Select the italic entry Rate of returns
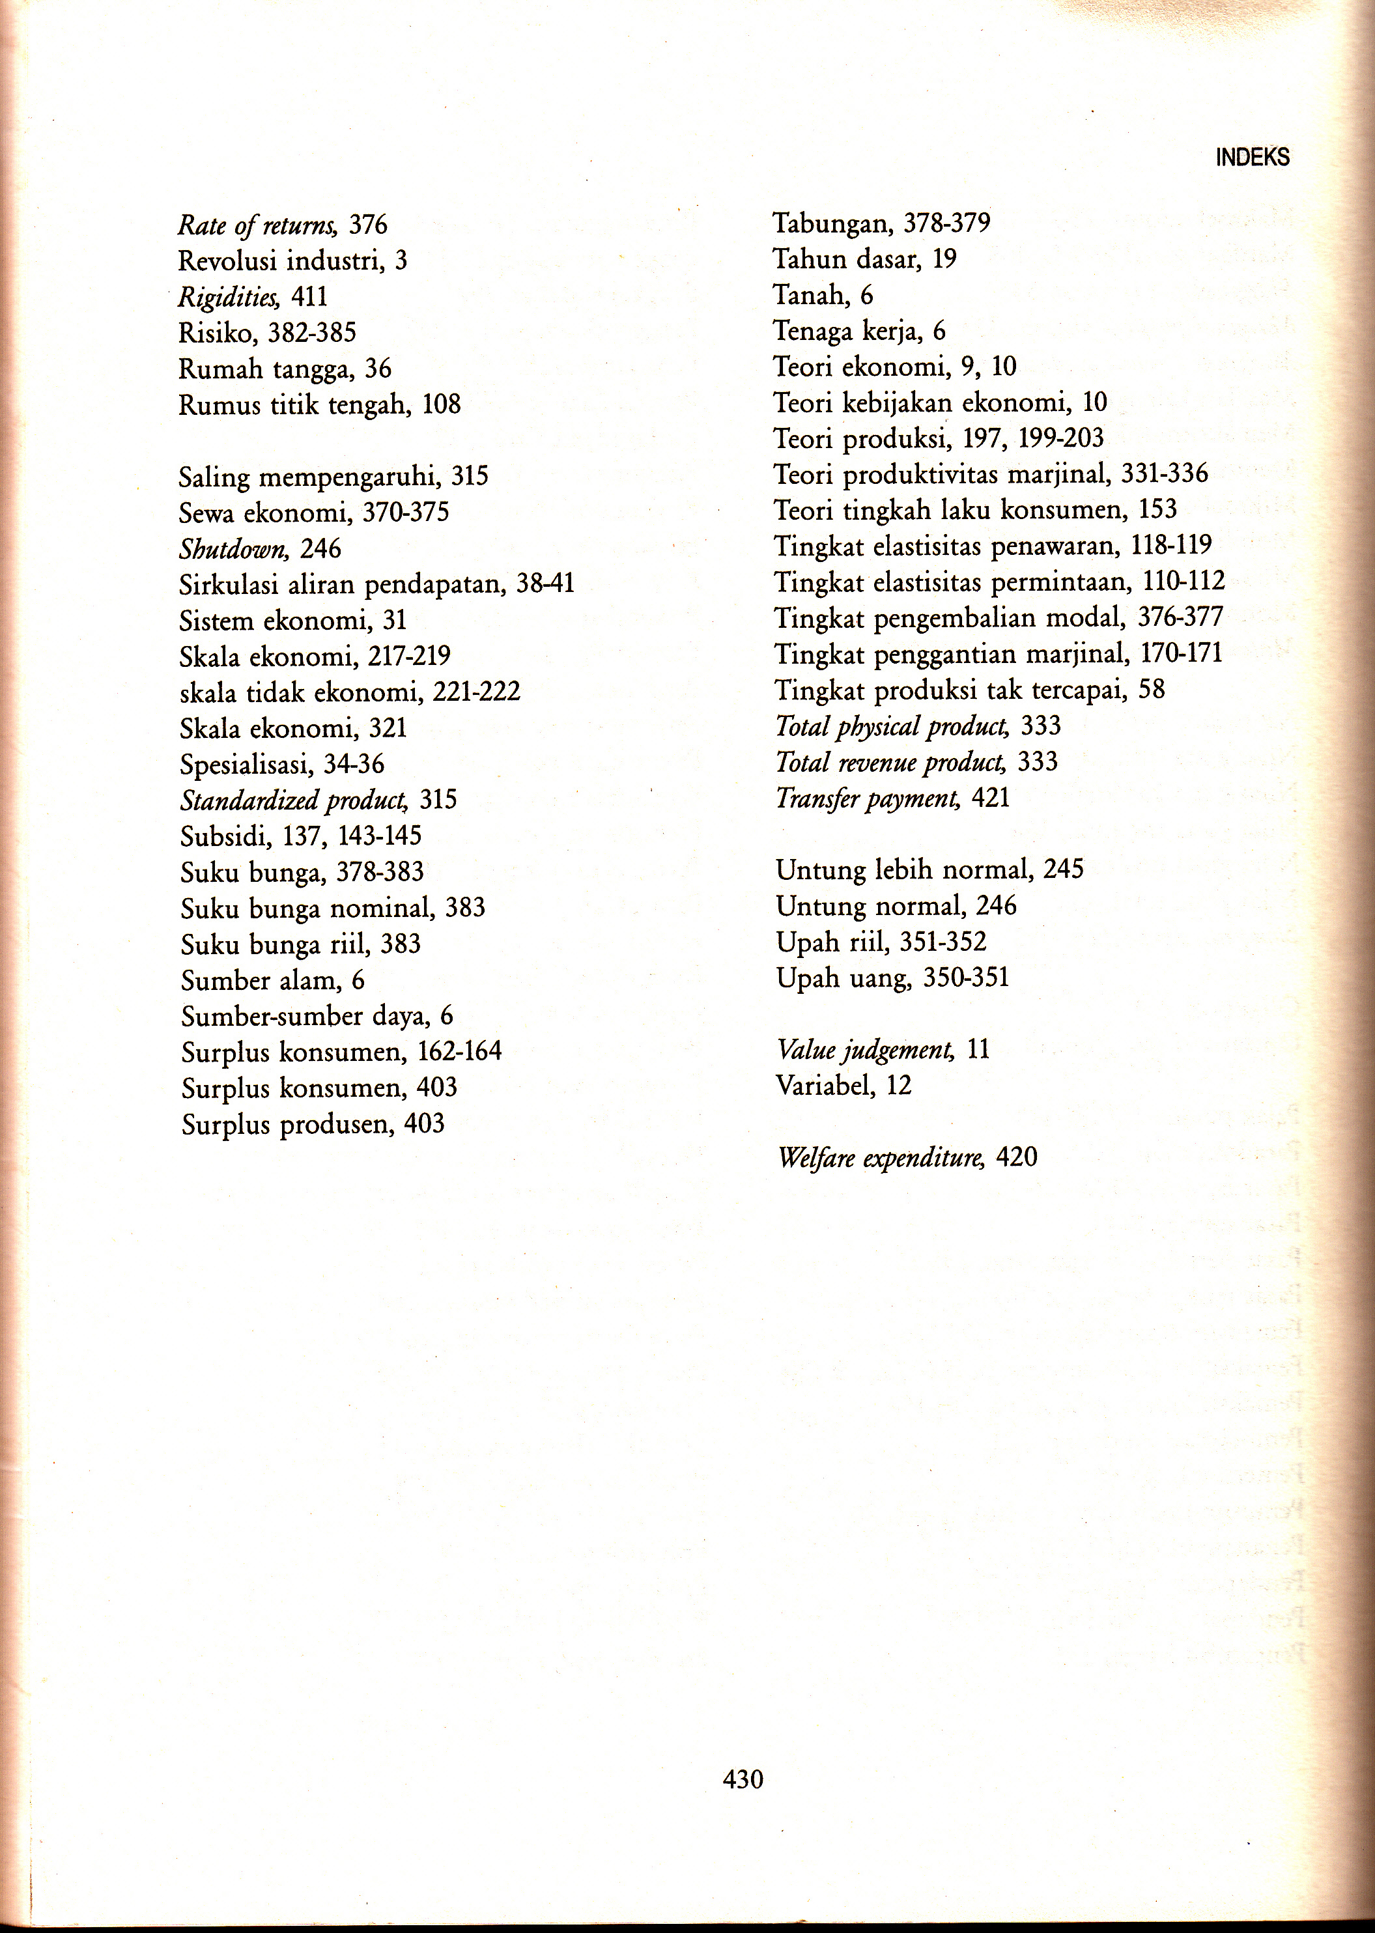257,226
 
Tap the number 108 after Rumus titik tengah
441,404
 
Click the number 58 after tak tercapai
1152,690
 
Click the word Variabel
825,1086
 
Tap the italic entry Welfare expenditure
881,1158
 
